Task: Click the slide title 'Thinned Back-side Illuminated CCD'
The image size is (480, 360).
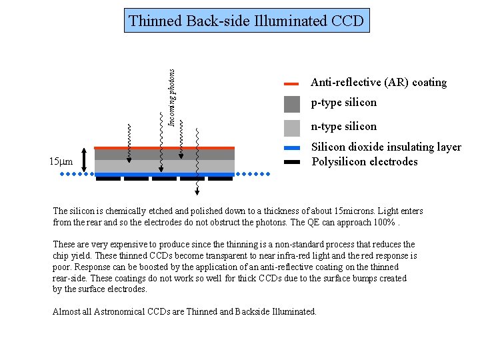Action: [x=247, y=21]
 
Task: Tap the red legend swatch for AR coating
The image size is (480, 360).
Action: [x=291, y=85]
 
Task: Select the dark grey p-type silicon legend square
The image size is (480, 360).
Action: [x=292, y=103]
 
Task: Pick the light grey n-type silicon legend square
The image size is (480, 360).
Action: [x=292, y=127]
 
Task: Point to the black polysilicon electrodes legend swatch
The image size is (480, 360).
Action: [x=291, y=162]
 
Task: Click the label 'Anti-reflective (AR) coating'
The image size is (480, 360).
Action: [x=378, y=83]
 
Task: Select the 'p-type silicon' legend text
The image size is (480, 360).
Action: [x=343, y=103]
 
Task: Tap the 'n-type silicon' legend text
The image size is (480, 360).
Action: [x=343, y=127]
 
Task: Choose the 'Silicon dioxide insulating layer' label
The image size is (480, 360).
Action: [x=386, y=147]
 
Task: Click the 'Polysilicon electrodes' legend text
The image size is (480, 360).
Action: [x=365, y=162]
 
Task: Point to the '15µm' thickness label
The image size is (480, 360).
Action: [x=61, y=162]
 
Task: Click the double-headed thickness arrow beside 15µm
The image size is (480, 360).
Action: [x=85, y=161]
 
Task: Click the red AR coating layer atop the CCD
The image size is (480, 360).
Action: [x=164, y=148]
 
